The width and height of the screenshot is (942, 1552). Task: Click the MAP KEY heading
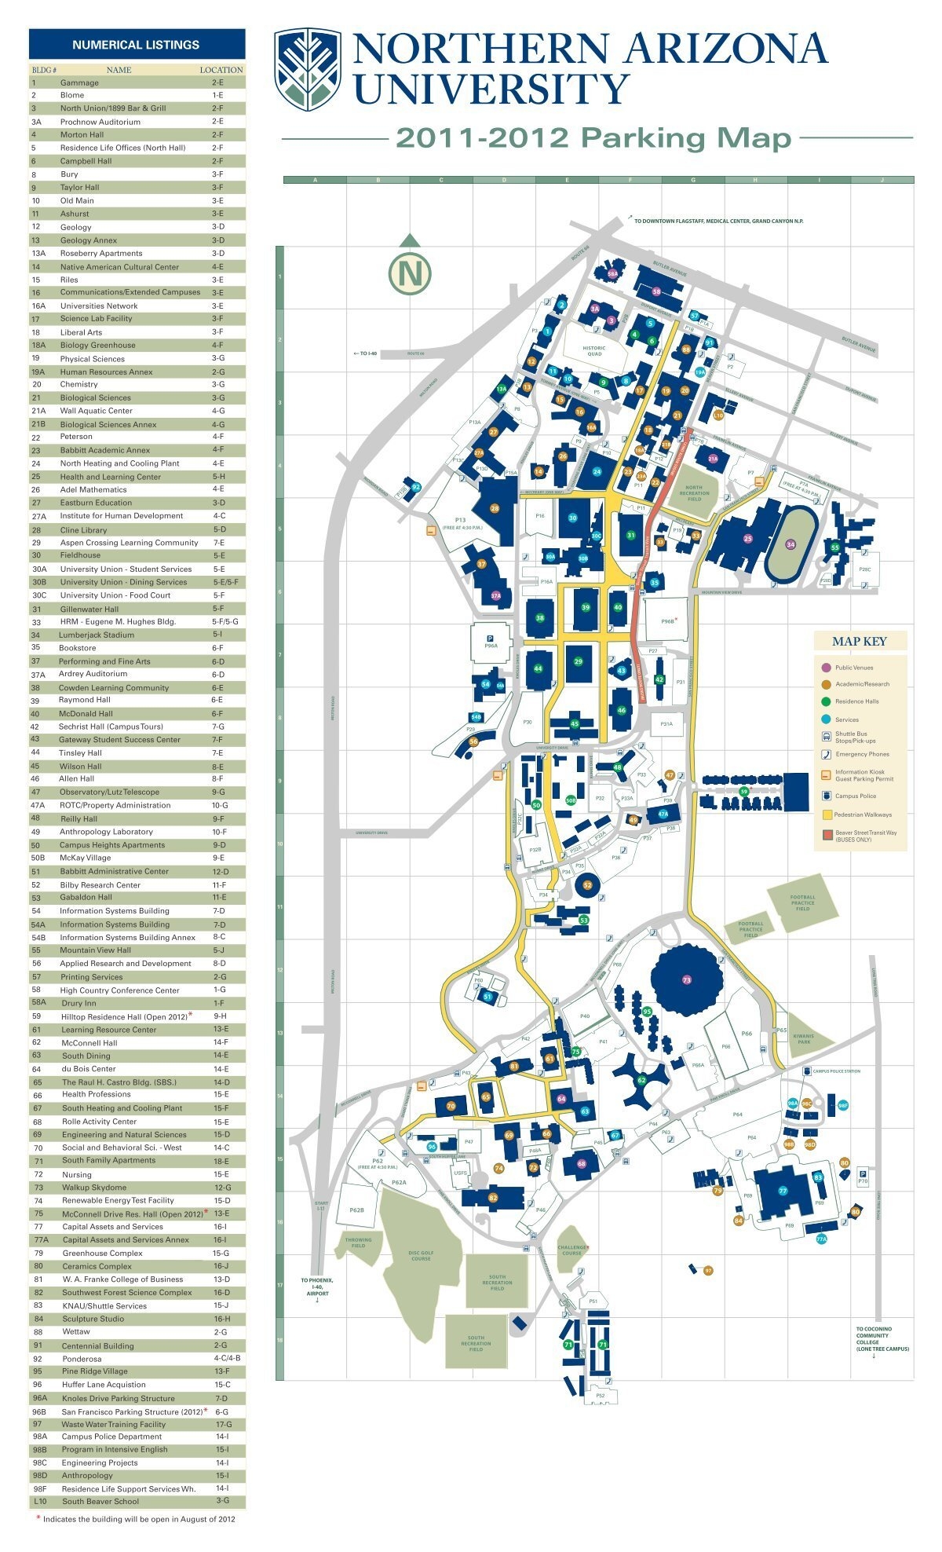859,641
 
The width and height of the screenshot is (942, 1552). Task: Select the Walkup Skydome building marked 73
686,979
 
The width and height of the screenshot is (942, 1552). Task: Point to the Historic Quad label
594,351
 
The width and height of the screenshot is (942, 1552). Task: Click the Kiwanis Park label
803,1038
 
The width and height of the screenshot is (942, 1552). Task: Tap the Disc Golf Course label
421,1256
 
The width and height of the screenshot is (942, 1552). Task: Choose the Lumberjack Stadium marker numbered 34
790,544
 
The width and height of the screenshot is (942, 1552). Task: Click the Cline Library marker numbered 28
495,508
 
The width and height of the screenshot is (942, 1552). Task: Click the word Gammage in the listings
79,82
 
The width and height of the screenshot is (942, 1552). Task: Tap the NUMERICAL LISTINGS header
136,45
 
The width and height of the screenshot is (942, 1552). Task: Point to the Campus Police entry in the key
855,796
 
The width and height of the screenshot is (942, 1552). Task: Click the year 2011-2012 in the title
481,139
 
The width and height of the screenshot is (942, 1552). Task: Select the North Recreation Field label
694,493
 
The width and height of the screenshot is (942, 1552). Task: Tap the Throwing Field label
358,1243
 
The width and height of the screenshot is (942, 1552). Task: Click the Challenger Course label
572,1250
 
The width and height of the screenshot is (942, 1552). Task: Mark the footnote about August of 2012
138,1519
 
